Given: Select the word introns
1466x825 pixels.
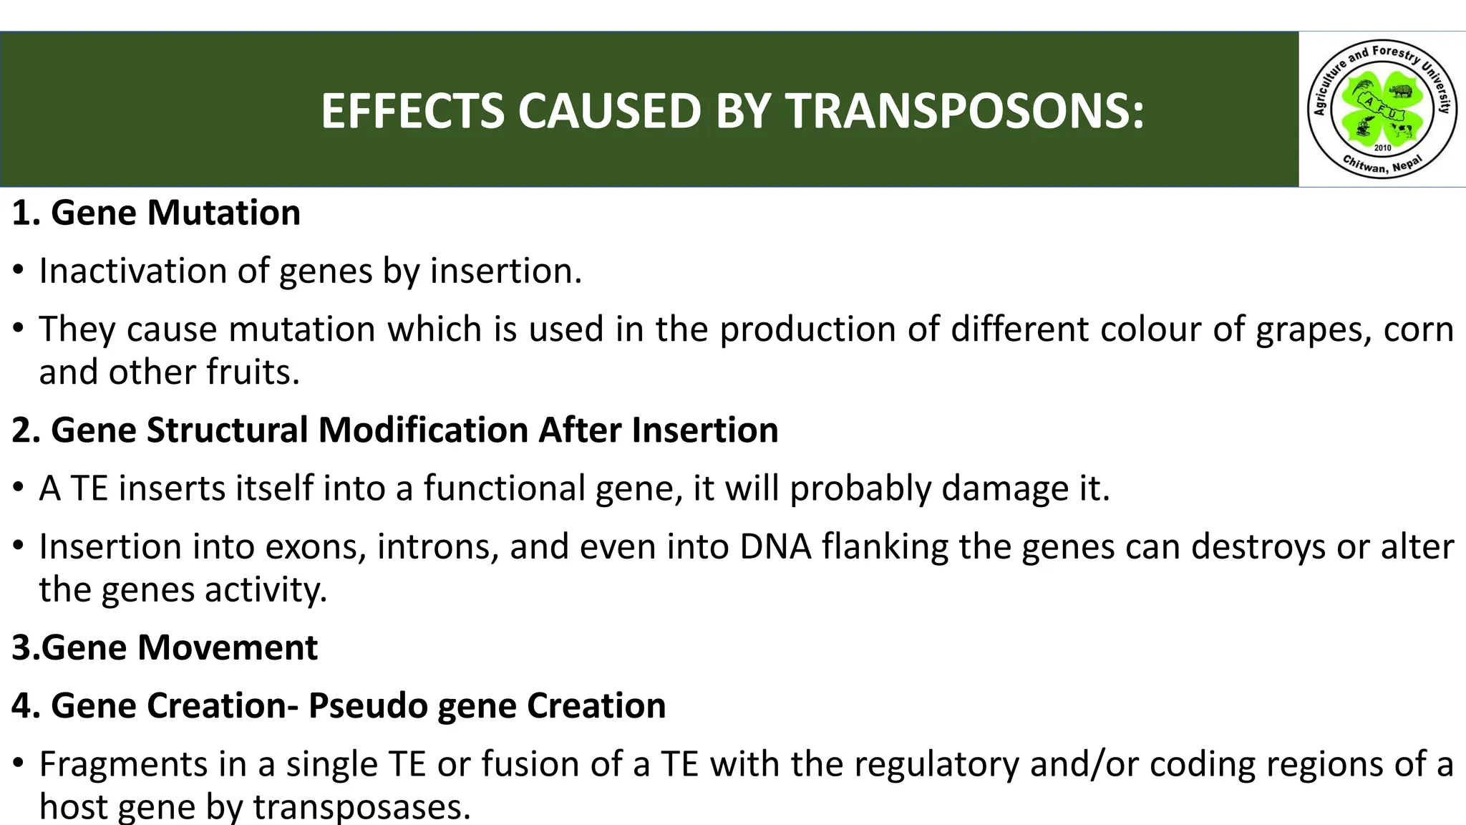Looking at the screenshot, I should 437,546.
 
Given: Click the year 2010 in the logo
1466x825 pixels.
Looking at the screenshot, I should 1382,148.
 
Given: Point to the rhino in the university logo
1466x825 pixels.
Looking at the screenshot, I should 1400,91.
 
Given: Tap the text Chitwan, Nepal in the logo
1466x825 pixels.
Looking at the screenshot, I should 1382,165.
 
